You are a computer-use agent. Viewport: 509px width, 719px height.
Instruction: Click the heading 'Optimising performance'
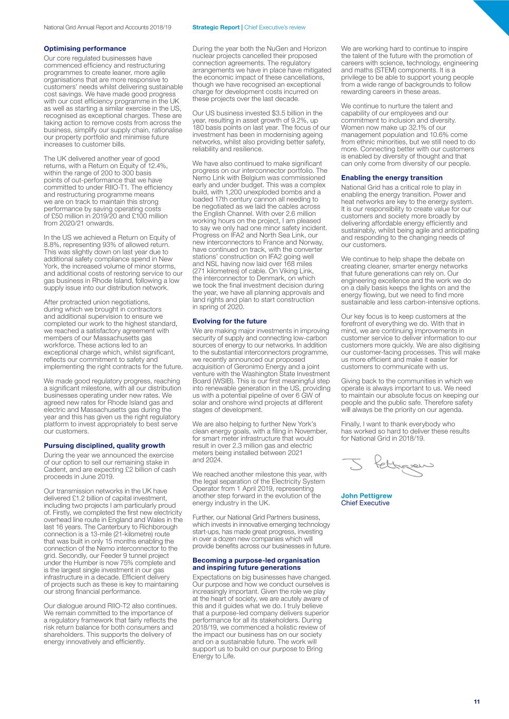coord(85,48)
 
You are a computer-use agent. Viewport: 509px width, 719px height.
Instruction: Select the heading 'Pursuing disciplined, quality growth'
coord(104,446)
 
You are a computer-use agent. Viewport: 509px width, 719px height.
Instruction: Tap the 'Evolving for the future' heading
coord(229,321)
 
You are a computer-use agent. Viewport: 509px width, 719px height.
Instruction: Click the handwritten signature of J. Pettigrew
coord(387,465)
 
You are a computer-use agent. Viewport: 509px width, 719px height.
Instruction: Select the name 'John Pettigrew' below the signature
coord(367,496)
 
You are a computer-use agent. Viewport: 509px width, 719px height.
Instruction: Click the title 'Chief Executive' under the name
coord(365,503)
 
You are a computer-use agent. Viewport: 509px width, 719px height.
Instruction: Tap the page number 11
coord(477,702)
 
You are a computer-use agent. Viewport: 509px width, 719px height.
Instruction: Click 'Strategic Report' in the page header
coord(216,27)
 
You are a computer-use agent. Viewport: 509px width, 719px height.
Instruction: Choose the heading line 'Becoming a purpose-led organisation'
coord(256,560)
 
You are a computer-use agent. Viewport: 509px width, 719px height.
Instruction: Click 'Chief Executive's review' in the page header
coord(275,27)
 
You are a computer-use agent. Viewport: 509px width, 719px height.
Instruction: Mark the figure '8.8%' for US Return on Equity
coord(52,245)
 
